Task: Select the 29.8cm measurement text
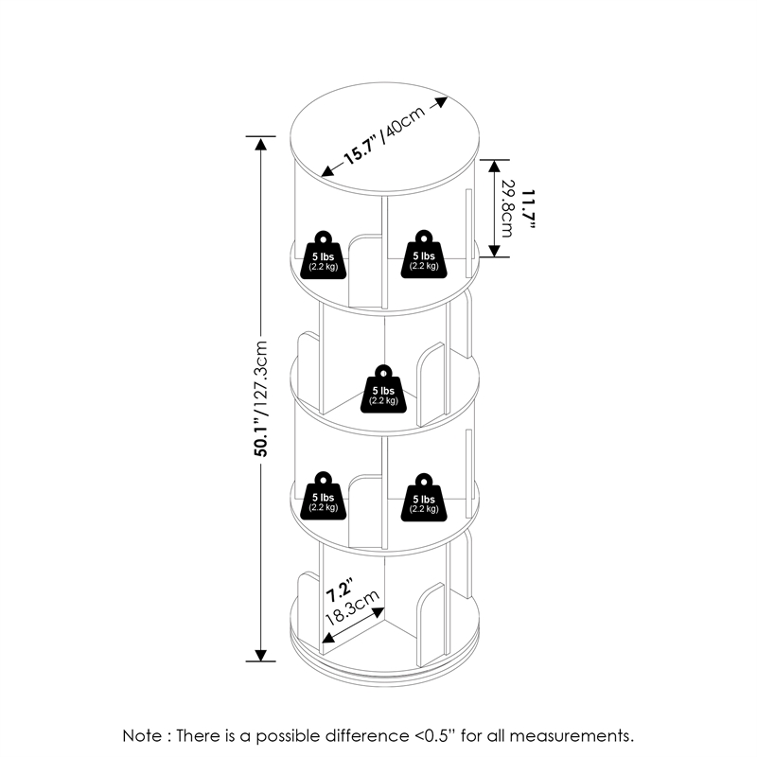tap(508, 208)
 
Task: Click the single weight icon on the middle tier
tap(383, 390)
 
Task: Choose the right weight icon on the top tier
tap(423, 254)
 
